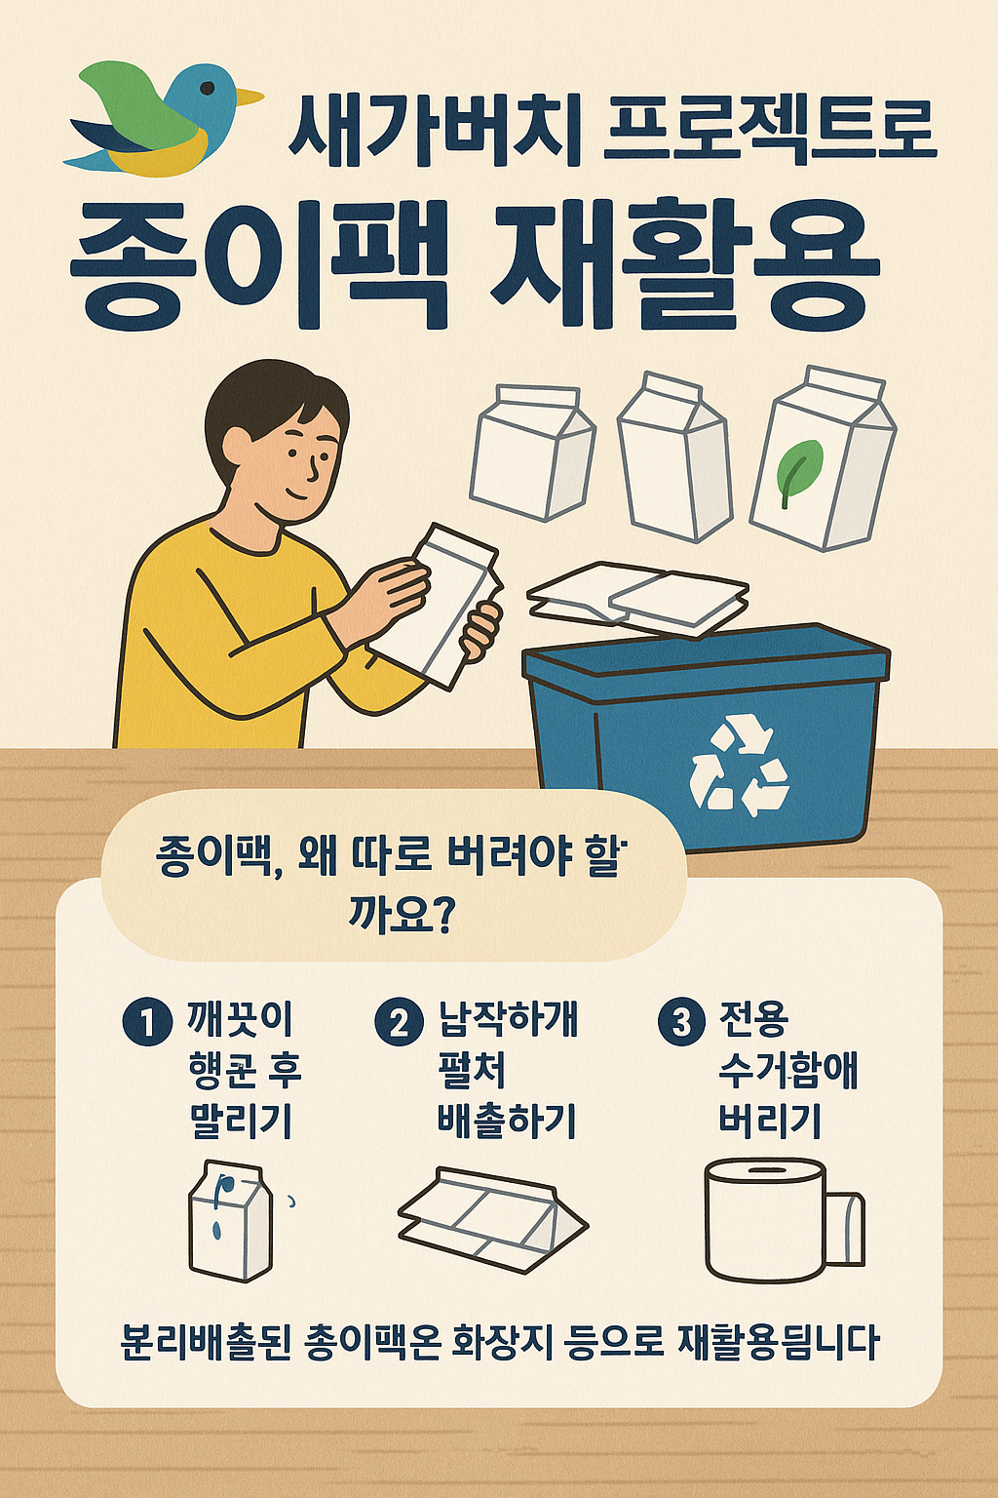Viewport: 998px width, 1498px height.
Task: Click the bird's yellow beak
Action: (x=249, y=97)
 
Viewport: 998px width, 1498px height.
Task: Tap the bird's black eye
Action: (x=208, y=88)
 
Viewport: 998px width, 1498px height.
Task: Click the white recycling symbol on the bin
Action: (x=740, y=765)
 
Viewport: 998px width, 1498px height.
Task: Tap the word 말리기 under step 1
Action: (x=242, y=1120)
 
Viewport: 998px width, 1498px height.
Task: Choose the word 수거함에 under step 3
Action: (x=788, y=1069)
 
